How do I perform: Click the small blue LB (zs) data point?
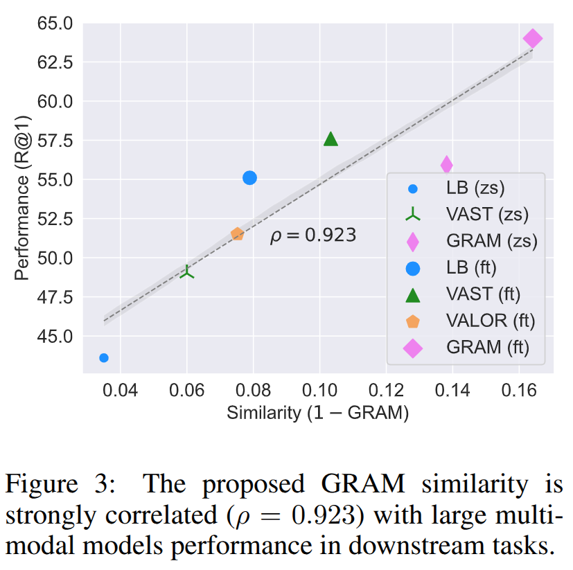click(x=104, y=357)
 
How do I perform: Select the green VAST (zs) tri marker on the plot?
click(x=187, y=272)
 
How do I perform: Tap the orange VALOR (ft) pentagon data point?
click(x=237, y=234)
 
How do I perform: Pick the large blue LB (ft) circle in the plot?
click(x=250, y=178)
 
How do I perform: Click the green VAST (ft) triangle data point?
click(x=330, y=139)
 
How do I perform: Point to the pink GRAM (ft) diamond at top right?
click(x=532, y=39)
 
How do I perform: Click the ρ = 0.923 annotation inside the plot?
click(x=313, y=235)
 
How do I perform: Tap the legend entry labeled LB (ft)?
click(x=470, y=267)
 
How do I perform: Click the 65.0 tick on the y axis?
click(x=54, y=24)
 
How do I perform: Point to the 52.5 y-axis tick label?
click(x=54, y=220)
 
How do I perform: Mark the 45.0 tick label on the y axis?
click(x=54, y=336)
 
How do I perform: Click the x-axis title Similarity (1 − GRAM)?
click(x=317, y=413)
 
